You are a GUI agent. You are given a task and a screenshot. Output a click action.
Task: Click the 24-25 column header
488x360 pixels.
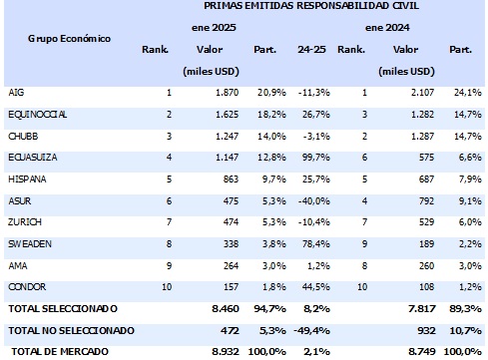[x=310, y=49]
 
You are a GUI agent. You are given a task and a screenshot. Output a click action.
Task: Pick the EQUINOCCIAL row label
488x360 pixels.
[x=38, y=114]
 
